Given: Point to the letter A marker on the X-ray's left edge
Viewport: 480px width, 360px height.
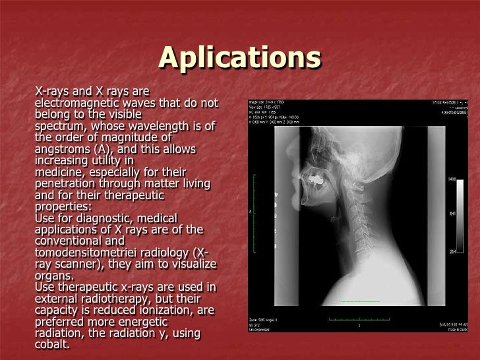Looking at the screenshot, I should coord(251,212).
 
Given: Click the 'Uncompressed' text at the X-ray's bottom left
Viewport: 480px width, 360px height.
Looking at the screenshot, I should coord(262,330).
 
